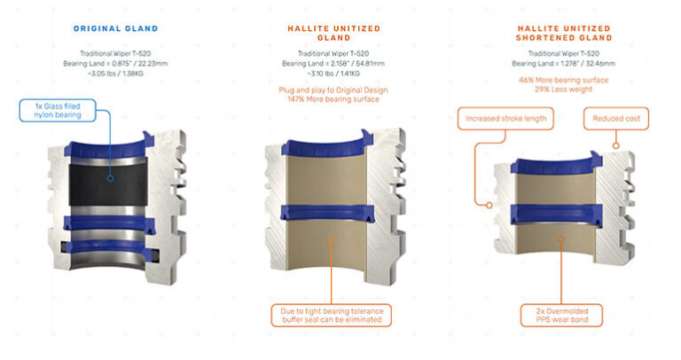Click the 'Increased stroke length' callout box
505,117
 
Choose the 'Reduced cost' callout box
616,117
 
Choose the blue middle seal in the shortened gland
560,213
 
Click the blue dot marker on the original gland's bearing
110,176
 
